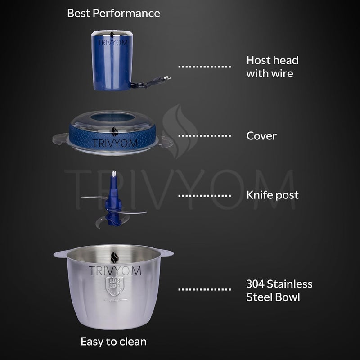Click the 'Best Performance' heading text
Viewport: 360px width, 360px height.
[114, 13]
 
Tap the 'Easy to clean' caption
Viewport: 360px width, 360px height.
[114, 342]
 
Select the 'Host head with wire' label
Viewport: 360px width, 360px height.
[273, 67]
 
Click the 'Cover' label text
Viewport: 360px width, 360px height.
[261, 136]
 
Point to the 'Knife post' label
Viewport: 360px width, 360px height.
[273, 195]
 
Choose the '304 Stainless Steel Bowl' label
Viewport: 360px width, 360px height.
[279, 290]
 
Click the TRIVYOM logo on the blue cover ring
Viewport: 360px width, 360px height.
[115, 139]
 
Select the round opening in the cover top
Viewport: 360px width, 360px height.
[112, 117]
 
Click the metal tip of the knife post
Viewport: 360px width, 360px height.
[114, 173]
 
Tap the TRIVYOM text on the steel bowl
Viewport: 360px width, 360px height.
[115, 271]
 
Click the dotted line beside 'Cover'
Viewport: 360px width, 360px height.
[205, 136]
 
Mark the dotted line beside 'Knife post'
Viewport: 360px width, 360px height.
[205, 196]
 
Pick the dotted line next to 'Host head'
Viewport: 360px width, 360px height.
[205, 67]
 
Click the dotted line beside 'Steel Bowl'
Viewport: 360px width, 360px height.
[205, 289]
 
